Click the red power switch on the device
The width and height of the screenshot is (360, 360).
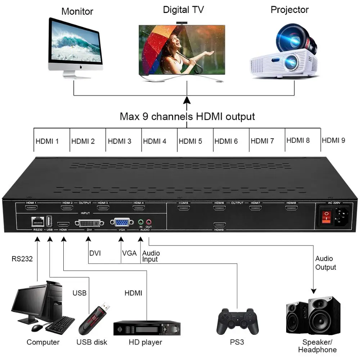(x=326, y=216)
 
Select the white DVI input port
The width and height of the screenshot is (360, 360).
(x=89, y=223)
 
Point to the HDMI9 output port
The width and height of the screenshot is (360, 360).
(x=219, y=224)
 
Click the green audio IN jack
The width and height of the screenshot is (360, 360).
(x=141, y=222)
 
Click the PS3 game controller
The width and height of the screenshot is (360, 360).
(x=238, y=320)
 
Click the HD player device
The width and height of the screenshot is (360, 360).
(x=147, y=328)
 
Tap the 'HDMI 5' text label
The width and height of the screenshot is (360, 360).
(x=190, y=141)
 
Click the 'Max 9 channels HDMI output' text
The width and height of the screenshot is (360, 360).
(x=187, y=117)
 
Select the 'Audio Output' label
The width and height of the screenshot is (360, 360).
(x=325, y=263)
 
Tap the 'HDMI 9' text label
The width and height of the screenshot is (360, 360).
(x=333, y=140)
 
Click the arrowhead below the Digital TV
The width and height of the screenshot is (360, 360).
(x=187, y=100)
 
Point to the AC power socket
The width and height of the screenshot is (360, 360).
(x=342, y=216)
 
